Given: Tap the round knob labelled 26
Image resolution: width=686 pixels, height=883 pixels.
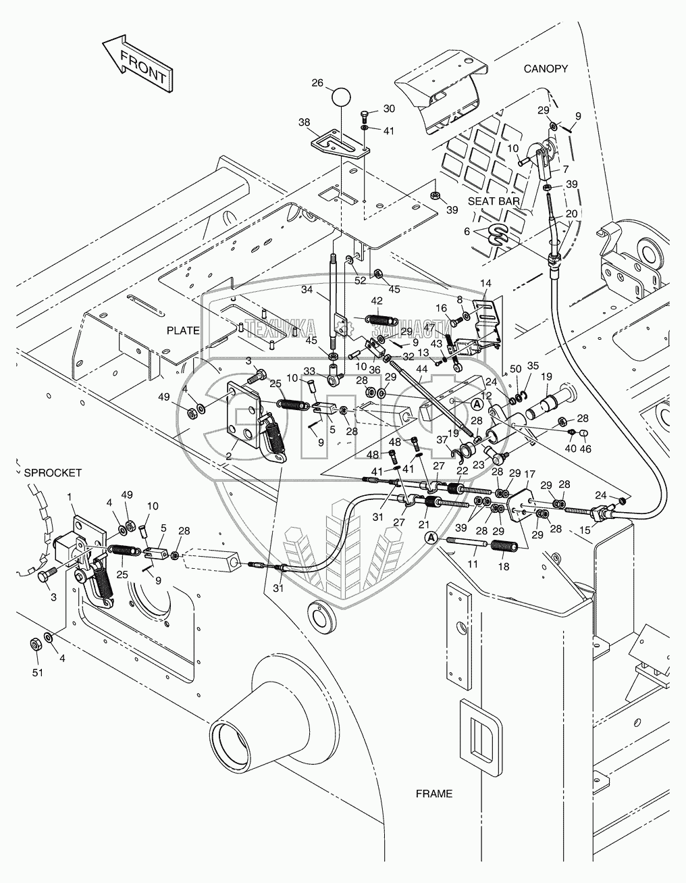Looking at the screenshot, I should [342, 97].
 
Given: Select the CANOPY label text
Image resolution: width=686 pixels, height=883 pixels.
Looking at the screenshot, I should [546, 69].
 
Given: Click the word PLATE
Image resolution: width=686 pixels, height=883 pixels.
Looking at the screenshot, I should [183, 330].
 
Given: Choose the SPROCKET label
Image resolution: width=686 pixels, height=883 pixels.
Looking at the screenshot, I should [53, 473].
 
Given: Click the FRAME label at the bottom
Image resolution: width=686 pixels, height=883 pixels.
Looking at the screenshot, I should [434, 794].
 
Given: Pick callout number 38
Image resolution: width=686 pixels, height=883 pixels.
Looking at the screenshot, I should [304, 123].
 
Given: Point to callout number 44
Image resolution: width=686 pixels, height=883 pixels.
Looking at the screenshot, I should [422, 369].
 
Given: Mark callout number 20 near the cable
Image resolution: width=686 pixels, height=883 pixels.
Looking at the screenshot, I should [571, 214].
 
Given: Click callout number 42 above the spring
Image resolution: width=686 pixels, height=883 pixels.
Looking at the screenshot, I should [376, 301].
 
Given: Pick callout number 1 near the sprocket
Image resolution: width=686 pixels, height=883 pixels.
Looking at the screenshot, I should [70, 497].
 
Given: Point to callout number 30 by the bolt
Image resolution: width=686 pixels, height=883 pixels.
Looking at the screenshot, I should [389, 108].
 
